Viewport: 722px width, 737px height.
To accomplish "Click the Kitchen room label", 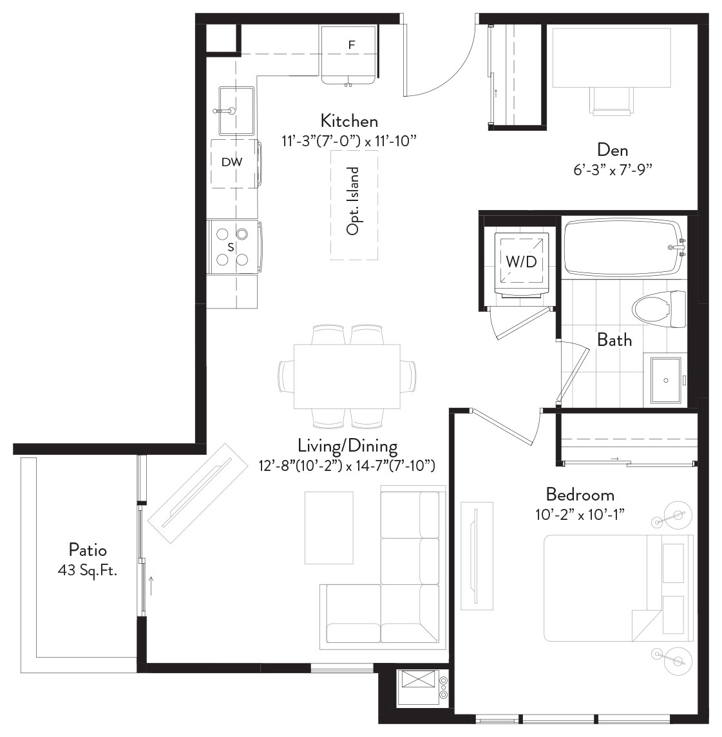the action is [x=349, y=121].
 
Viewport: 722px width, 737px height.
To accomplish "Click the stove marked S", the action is [x=234, y=247].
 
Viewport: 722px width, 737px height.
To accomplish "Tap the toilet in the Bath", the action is [x=659, y=309].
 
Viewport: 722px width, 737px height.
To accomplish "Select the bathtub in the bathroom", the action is [x=624, y=247].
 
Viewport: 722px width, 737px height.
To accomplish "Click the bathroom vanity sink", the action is [x=665, y=380].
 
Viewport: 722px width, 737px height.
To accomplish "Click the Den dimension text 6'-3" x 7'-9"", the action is [x=613, y=169].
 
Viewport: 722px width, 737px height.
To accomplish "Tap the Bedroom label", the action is [x=580, y=495].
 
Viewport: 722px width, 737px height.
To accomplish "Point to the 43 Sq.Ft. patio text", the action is [x=88, y=571].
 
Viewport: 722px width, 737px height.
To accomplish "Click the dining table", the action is [x=347, y=376].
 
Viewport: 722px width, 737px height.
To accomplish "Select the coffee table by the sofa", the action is [x=329, y=528].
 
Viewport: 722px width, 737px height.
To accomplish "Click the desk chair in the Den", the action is [x=611, y=100].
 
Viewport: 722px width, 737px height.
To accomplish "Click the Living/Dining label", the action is [x=347, y=446].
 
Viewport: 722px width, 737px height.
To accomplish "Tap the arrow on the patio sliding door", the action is [x=151, y=586].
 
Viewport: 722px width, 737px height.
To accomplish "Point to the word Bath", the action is [x=614, y=340].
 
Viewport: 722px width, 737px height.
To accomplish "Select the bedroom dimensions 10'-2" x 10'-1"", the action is [x=580, y=515].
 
